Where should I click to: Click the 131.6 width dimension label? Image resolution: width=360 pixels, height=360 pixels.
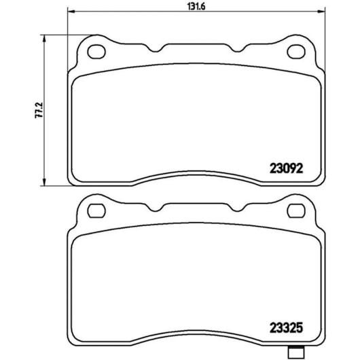coord(196,7)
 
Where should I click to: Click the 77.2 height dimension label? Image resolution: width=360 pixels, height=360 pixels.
coord(38,111)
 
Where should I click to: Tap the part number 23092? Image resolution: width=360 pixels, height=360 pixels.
coord(286,168)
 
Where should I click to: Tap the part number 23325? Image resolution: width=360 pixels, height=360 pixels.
coord(286,328)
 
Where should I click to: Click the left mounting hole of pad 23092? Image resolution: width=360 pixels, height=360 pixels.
coord(96,52)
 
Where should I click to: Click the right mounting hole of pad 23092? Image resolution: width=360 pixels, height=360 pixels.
coord(296,52)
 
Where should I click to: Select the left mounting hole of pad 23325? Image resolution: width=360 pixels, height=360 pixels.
coord(96,211)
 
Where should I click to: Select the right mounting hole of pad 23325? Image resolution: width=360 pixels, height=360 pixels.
coord(296,211)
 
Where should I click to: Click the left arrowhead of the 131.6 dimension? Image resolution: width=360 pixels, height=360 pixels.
coord(72,11)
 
